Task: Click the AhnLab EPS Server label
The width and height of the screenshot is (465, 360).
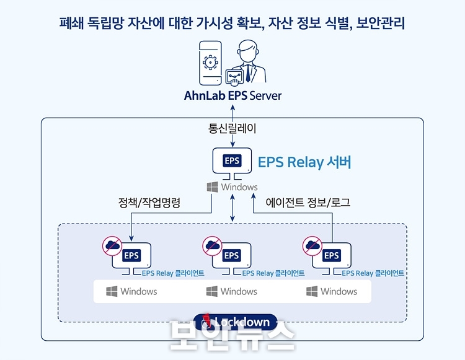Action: pyautogui.click(x=232, y=95)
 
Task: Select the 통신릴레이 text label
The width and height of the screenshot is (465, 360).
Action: pyautogui.click(x=232, y=129)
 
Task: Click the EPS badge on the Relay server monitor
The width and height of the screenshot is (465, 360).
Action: pyautogui.click(x=232, y=161)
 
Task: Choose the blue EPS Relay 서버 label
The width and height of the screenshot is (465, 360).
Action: pyautogui.click(x=304, y=162)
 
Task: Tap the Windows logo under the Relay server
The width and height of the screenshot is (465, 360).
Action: pyautogui.click(x=212, y=187)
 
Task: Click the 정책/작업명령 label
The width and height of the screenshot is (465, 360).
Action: pyautogui.click(x=149, y=203)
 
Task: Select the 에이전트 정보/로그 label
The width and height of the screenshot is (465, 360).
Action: pyautogui.click(x=308, y=203)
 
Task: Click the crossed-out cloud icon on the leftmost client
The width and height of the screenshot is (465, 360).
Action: pyautogui.click(x=112, y=245)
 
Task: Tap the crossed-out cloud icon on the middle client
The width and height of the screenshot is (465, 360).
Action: pyautogui.click(x=212, y=245)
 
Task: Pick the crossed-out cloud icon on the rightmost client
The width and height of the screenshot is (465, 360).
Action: pyautogui.click(x=312, y=245)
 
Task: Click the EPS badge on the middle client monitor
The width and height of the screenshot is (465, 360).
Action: pyautogui.click(x=232, y=255)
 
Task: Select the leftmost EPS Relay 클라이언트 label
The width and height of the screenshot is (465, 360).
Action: pyautogui.click(x=173, y=273)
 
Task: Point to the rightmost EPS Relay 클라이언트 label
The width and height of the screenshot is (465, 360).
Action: pyautogui.click(x=373, y=273)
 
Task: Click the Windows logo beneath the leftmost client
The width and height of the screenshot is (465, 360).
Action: pyautogui.click(x=112, y=292)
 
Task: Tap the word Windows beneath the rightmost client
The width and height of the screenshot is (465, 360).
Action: pyautogui.click(x=339, y=292)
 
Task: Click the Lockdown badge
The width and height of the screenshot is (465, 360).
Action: pyautogui.click(x=236, y=322)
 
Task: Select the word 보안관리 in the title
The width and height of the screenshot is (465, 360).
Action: pyautogui.click(x=380, y=23)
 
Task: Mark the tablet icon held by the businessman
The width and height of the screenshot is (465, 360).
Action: pyautogui.click(x=234, y=77)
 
